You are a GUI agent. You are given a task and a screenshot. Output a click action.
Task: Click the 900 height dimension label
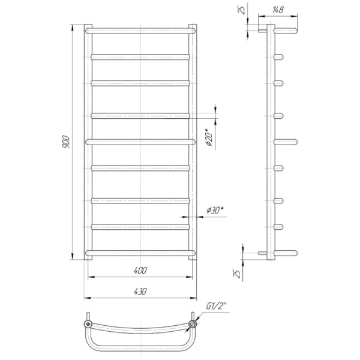click(66, 142)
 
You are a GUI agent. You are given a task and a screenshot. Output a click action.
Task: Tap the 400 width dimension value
click(140, 271)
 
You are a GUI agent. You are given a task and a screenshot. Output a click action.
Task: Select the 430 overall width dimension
click(140, 292)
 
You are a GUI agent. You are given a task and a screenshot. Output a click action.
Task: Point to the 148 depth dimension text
click(278, 10)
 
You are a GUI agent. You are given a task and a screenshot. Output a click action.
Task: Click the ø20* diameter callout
click(209, 138)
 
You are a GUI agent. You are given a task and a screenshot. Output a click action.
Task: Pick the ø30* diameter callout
click(215, 210)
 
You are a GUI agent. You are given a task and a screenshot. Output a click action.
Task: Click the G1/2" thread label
click(216, 306)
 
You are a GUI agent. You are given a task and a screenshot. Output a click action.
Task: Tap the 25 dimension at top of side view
click(242, 10)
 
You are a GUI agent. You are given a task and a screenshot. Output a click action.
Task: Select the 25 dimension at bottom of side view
click(237, 274)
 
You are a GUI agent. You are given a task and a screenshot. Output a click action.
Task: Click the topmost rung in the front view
click(140, 31)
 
